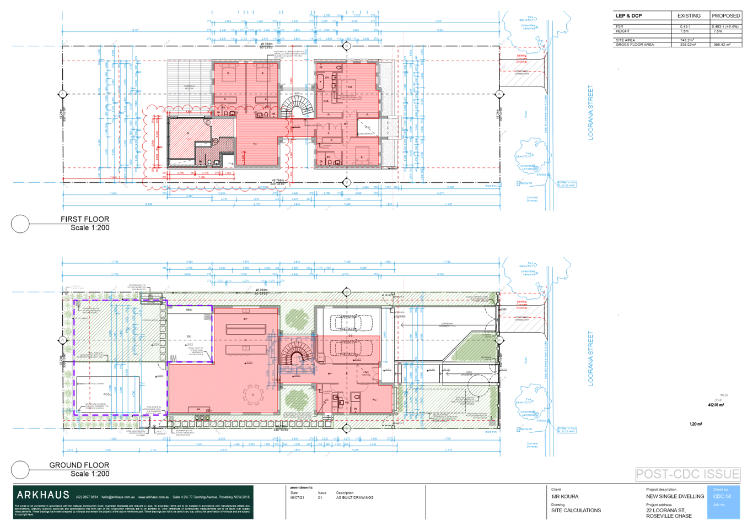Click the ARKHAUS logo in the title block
point(43,495)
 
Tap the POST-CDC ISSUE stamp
point(687,474)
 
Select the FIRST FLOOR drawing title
point(85,219)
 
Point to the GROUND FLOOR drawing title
point(79,465)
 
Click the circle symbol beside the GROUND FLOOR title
point(20,470)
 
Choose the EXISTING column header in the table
point(689,15)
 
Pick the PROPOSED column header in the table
point(725,15)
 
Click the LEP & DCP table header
point(628,15)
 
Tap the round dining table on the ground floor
point(254,394)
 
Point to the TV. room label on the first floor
point(255,144)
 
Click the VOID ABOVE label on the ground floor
point(366,374)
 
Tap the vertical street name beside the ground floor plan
point(590,358)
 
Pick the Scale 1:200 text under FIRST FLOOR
point(90,227)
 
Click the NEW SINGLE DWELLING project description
point(675,496)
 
